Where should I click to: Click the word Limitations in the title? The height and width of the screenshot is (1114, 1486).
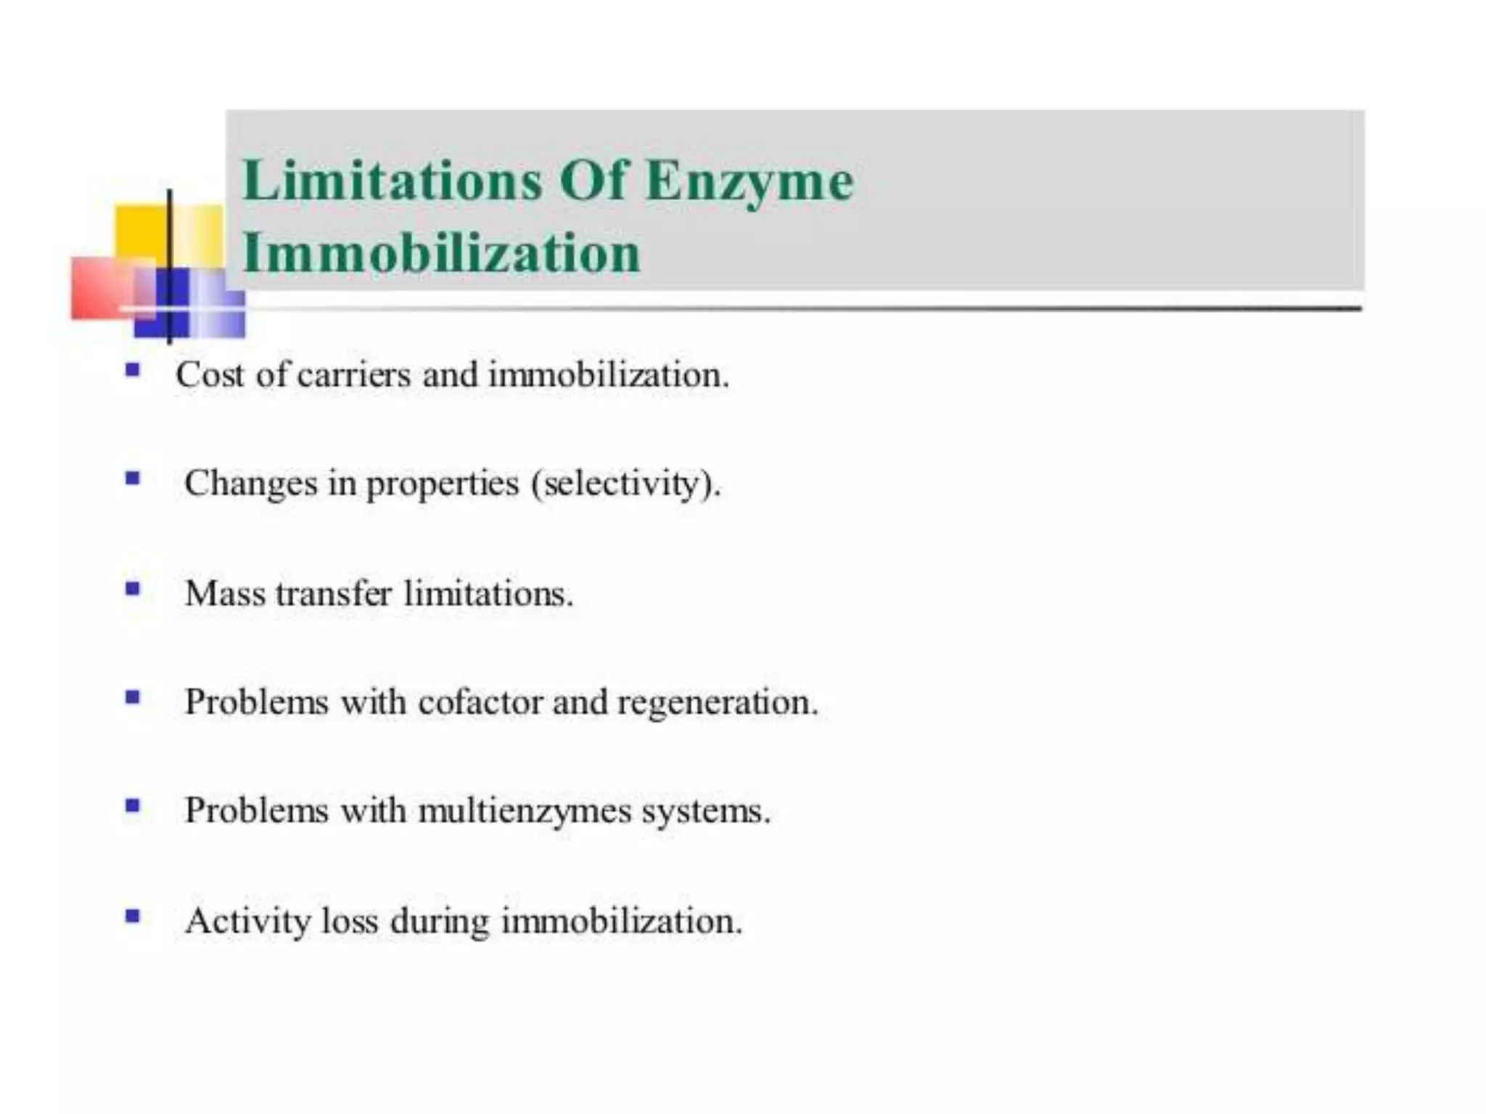[x=393, y=181]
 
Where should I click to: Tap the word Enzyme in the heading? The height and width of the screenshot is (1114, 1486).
[x=750, y=181]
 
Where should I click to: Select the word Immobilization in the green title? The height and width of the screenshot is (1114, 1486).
[x=441, y=254]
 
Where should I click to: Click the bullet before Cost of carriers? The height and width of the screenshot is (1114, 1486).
[x=132, y=371]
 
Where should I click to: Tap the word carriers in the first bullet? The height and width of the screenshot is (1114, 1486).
[x=354, y=376]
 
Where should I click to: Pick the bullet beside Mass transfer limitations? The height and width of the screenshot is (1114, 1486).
[x=132, y=589]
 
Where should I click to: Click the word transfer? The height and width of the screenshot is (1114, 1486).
[x=334, y=594]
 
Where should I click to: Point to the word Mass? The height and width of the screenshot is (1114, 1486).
[x=225, y=594]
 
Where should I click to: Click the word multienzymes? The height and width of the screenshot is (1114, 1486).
[x=525, y=811]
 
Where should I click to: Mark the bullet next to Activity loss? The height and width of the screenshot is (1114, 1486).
[x=132, y=916]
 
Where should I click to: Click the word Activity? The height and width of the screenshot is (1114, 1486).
[x=247, y=922]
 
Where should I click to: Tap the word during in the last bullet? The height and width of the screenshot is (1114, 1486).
[x=440, y=922]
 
